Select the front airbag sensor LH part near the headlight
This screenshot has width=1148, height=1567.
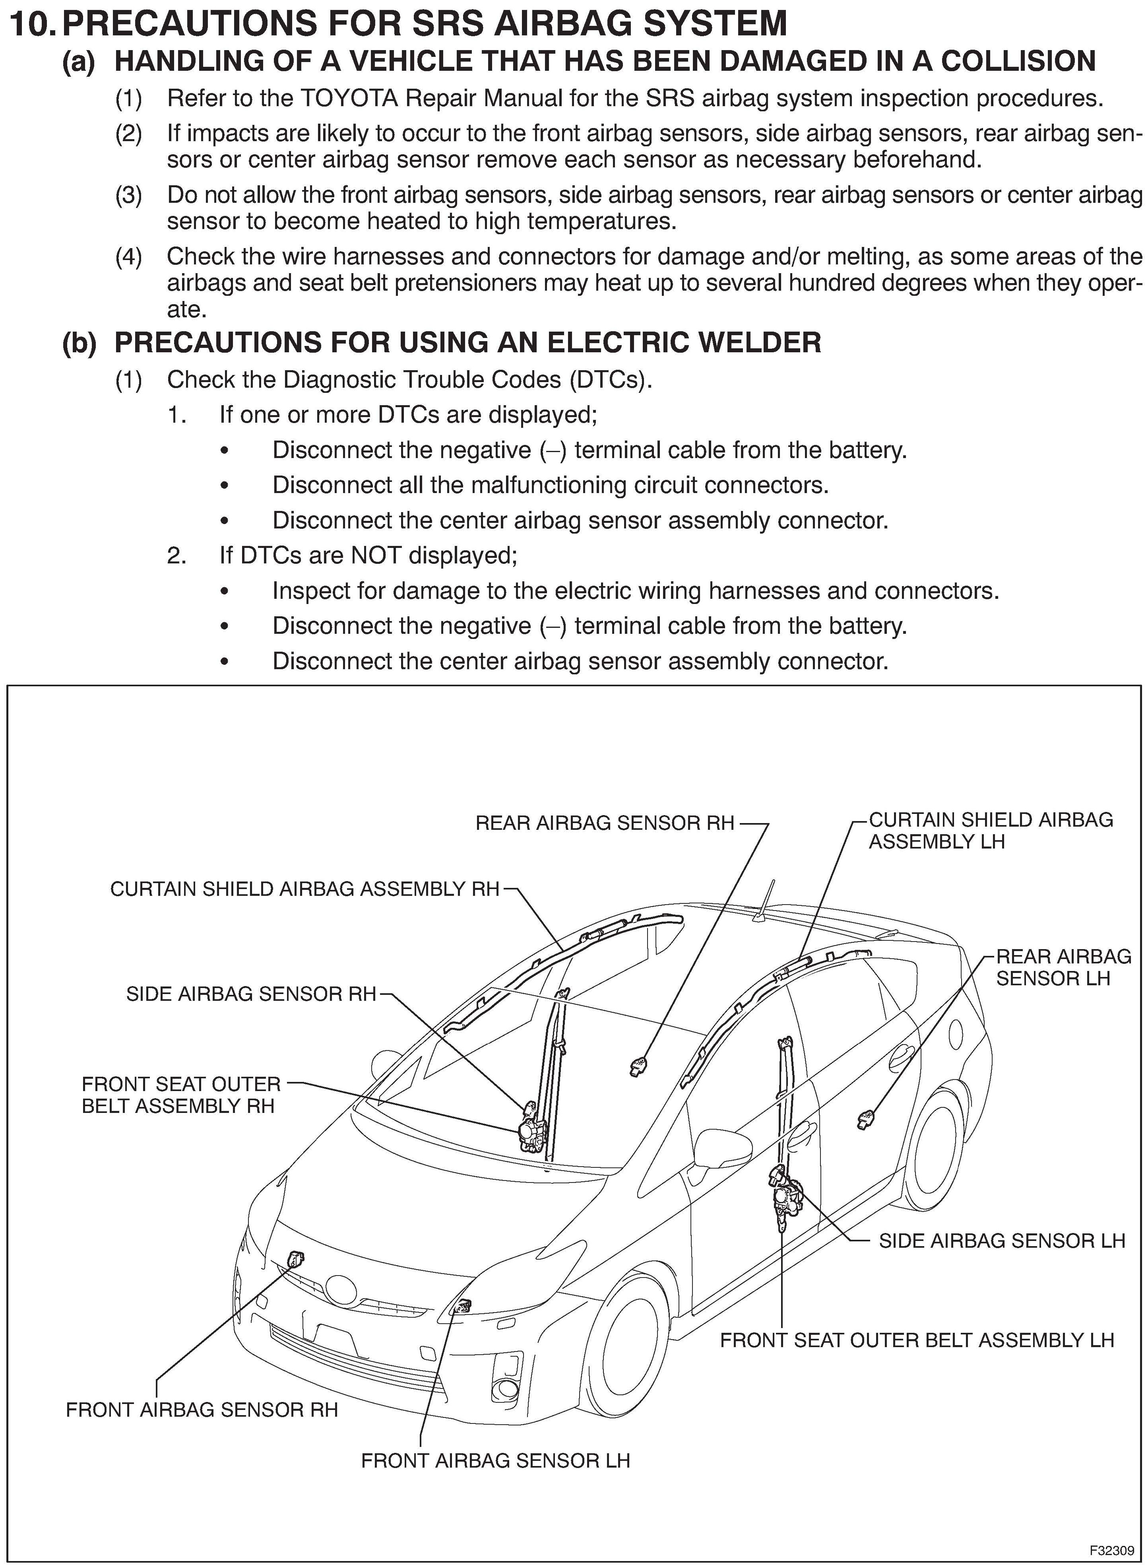460,1307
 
